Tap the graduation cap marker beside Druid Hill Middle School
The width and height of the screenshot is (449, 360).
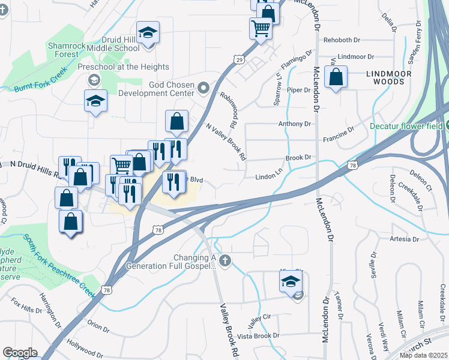[148, 33]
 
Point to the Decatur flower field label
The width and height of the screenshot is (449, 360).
[405, 126]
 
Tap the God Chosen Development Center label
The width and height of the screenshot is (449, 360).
[156, 89]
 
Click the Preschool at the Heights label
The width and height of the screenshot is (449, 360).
[131, 67]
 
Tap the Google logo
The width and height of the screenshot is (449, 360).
[20, 353]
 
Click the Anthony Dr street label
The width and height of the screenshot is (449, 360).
[294, 124]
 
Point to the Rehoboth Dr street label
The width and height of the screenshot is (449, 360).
[342, 40]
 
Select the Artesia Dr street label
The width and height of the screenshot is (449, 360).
[403, 239]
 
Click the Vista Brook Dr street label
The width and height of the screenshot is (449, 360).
[258, 335]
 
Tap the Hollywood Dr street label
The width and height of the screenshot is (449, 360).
[82, 344]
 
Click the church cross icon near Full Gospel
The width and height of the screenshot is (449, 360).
[224, 260]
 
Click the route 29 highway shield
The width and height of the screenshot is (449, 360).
[239, 59]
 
